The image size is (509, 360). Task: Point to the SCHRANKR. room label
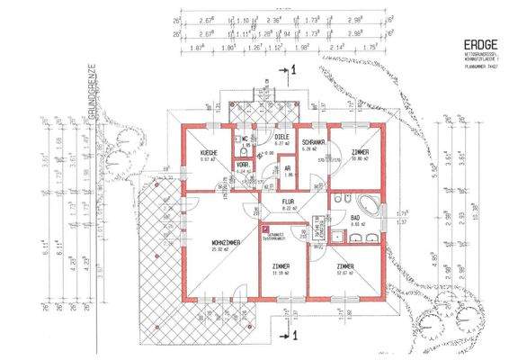pos(313,143)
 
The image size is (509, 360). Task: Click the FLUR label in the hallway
pos(290,202)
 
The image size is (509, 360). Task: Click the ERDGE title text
pos(476,42)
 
